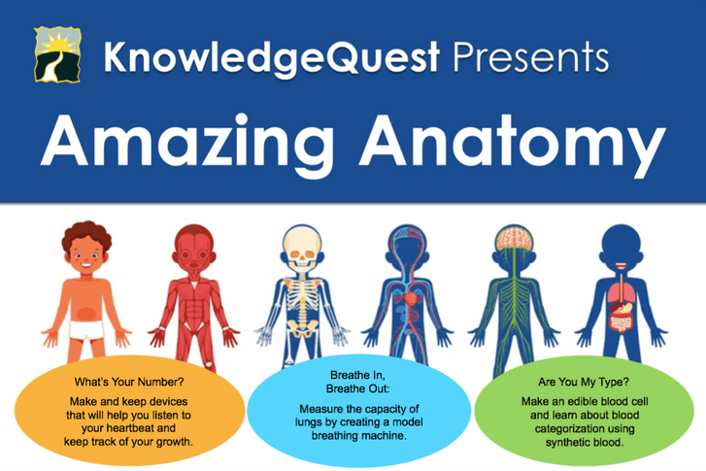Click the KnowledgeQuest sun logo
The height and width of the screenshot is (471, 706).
pos(57,54)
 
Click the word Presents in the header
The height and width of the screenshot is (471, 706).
pos(530,56)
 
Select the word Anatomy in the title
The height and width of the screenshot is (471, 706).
pos(512,142)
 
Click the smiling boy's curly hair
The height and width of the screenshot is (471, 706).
pos(86,235)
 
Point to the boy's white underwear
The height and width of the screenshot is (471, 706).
pos(86,330)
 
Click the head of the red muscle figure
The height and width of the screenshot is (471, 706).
pos(193,249)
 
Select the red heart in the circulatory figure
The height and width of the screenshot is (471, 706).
pos(411,298)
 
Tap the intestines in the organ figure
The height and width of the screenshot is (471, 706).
pos(622,321)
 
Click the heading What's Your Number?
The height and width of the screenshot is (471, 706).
pos(129,382)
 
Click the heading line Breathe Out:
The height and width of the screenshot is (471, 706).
pos(358,388)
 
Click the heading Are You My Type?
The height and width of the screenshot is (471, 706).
pos(584,382)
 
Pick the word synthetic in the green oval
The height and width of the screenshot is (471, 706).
pos(567,443)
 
